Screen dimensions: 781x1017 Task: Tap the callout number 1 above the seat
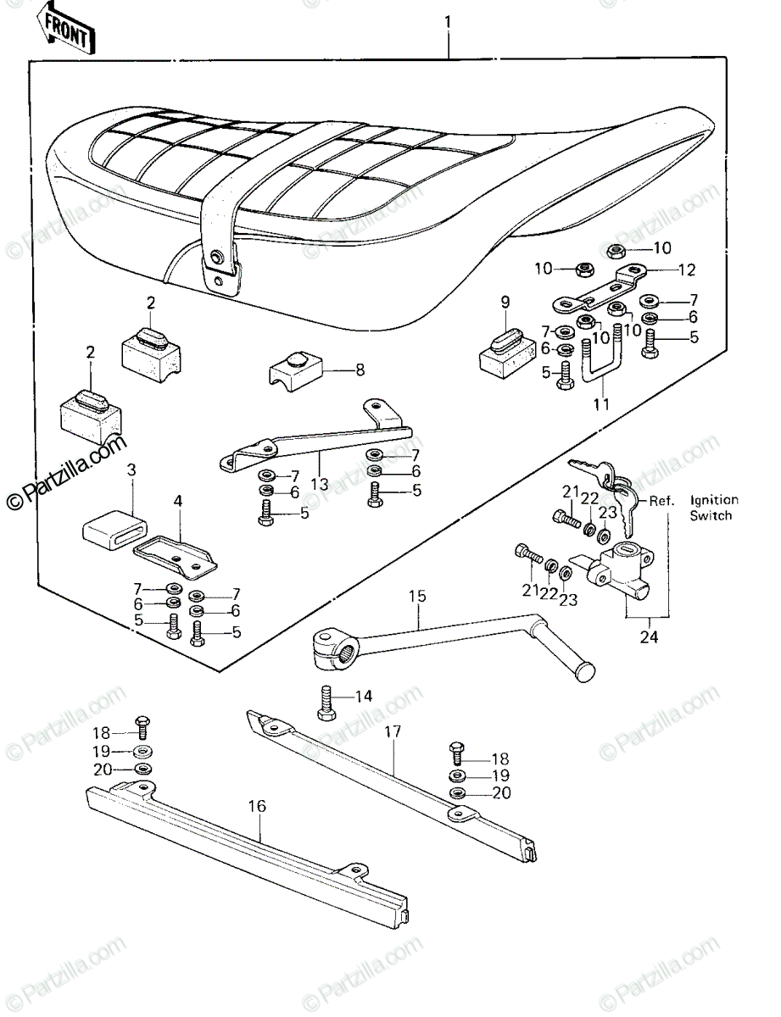point(449,23)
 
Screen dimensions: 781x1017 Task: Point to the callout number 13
point(320,483)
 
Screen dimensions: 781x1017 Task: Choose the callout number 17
point(393,731)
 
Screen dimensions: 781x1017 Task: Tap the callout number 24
point(649,636)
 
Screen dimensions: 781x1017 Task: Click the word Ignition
point(714,500)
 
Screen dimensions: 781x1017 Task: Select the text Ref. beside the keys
point(661,501)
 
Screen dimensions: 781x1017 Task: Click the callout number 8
point(360,370)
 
